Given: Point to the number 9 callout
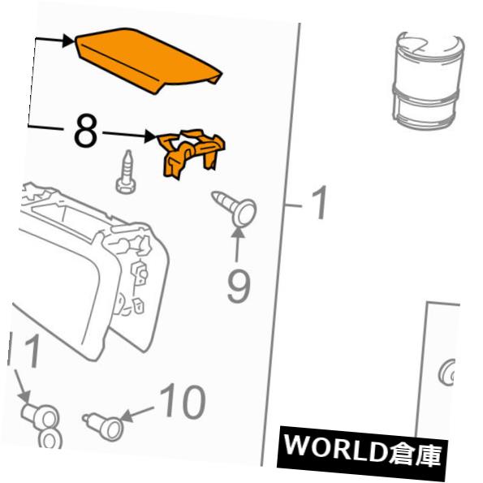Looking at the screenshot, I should (x=238, y=285).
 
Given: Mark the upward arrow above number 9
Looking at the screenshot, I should (x=238, y=240).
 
